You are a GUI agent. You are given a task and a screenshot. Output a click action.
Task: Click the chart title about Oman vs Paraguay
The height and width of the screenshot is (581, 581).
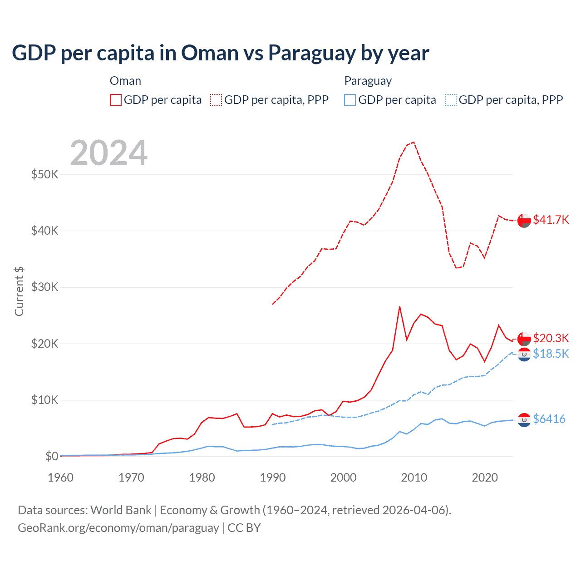coord(220,53)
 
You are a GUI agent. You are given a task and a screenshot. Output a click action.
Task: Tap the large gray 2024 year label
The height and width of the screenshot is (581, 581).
coord(108,153)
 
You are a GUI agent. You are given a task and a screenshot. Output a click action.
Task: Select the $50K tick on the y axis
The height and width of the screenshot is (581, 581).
coord(44,174)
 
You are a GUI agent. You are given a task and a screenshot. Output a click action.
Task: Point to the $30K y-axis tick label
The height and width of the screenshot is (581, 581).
coord(44,287)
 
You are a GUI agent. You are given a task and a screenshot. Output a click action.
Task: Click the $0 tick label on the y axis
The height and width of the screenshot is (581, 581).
coord(51,456)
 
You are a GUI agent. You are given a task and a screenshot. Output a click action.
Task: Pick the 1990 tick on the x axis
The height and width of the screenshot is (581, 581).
coord(273,478)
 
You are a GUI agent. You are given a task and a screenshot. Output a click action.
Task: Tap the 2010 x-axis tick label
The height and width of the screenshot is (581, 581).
coord(414,478)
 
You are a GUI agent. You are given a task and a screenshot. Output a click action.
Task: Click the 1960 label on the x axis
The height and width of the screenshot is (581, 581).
coord(61,478)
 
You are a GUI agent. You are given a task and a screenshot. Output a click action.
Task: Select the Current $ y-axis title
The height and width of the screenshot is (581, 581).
coord(19,291)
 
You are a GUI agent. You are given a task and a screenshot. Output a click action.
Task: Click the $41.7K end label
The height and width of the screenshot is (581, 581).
coord(551,220)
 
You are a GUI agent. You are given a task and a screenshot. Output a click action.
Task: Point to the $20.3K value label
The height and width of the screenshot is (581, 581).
coord(551,338)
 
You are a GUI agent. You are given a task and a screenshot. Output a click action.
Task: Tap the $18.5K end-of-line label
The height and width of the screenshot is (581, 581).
coord(551,354)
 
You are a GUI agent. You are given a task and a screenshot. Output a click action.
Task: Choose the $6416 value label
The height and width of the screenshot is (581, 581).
coord(549,419)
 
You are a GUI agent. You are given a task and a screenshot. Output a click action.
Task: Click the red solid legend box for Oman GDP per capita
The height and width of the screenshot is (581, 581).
coord(116,100)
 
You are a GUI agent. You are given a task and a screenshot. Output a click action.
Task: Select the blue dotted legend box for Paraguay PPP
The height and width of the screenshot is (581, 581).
coord(451,100)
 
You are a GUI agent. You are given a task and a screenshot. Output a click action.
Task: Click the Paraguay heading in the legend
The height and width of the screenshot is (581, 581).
coord(368,81)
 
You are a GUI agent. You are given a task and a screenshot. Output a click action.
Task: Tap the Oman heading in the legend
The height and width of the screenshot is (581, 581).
coord(125,81)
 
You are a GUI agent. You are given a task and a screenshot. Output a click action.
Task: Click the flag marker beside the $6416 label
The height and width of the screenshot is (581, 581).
coord(524,420)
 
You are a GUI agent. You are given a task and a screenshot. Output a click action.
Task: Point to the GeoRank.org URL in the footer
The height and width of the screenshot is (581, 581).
coord(118,528)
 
